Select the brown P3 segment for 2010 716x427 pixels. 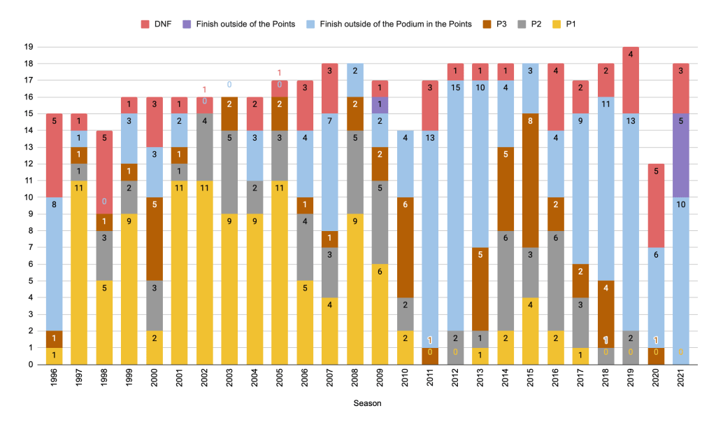click(x=405, y=231)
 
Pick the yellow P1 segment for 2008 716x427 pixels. click(x=355, y=290)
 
